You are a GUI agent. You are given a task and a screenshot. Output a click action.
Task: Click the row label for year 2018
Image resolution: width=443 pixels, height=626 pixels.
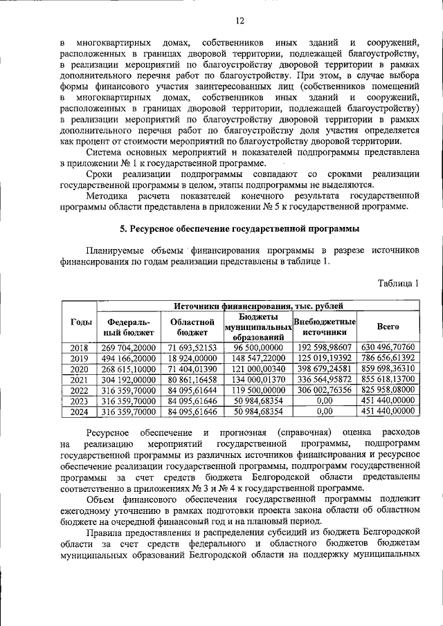click(x=78, y=347)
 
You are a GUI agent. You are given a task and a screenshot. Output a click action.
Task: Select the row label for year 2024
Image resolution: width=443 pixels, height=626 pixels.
click(x=78, y=411)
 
